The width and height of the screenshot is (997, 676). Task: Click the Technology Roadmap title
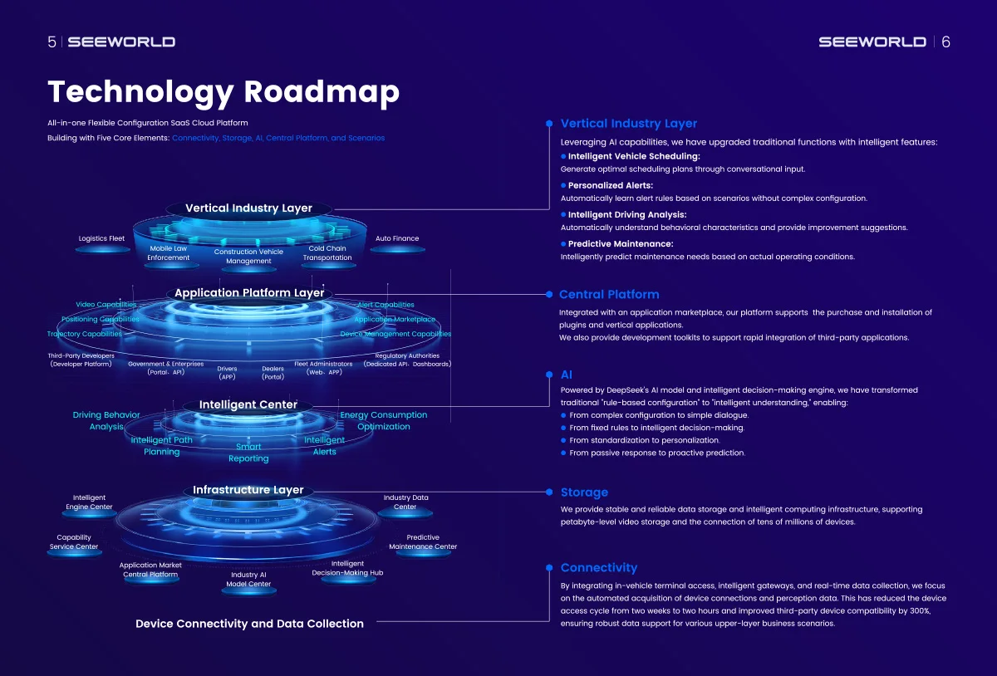[x=223, y=91]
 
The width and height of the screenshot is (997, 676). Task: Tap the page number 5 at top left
[x=52, y=42]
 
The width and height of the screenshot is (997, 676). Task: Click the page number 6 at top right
[x=945, y=42]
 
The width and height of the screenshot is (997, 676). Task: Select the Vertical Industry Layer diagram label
[x=248, y=208]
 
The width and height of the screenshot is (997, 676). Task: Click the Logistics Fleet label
[x=101, y=238]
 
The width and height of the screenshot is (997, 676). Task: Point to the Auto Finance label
[x=397, y=238]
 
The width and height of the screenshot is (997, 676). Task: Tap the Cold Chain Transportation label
[x=327, y=252]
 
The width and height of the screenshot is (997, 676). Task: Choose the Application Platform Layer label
[x=249, y=293]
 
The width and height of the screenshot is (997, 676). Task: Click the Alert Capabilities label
[x=386, y=305]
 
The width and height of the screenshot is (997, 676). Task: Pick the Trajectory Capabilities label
[x=85, y=334]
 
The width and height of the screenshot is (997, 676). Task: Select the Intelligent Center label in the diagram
[x=248, y=404]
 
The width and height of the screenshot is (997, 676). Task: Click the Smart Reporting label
[x=248, y=453]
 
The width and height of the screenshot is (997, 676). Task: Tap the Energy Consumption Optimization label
[x=384, y=420]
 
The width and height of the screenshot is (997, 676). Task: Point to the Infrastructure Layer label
[x=248, y=490]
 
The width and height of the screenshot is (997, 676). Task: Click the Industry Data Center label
[x=405, y=502]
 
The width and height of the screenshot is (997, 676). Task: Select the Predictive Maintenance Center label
[x=423, y=541]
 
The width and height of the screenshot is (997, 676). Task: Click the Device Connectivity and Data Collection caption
[x=249, y=624]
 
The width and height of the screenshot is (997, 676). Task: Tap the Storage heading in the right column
[x=584, y=492]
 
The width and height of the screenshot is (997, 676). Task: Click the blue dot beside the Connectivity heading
[x=548, y=568]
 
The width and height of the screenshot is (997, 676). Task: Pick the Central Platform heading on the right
[x=609, y=294]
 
